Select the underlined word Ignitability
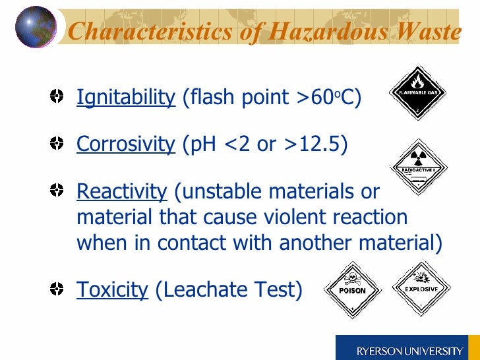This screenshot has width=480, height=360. point(126,98)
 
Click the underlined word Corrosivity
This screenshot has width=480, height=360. point(125,144)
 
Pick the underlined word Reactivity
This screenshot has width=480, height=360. point(122,191)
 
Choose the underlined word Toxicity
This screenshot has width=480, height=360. point(112,289)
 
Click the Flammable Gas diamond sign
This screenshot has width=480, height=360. point(416,92)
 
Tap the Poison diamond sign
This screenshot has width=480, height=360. point(352,288)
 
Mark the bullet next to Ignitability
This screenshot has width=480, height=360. point(58,98)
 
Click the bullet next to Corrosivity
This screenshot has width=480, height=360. point(58,143)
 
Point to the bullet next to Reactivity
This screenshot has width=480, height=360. point(58,191)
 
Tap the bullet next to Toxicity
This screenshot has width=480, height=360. point(58,288)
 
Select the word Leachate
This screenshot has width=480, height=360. point(204,289)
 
